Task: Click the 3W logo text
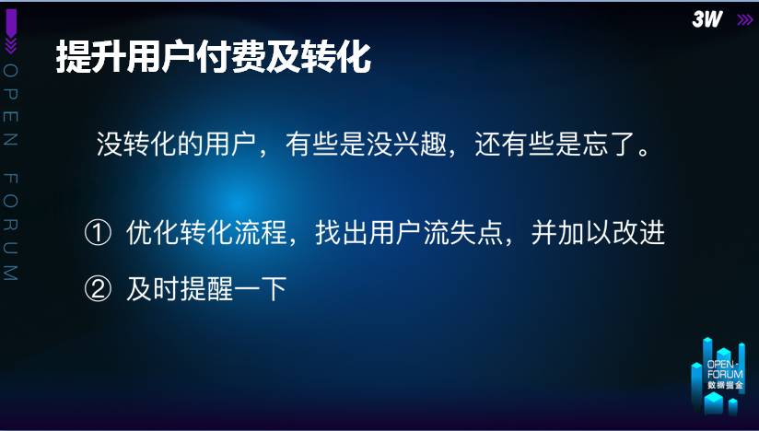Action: [706, 19]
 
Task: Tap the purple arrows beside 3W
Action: [745, 20]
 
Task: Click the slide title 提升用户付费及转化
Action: [214, 56]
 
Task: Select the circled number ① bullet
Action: [98, 233]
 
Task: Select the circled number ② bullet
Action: [98, 289]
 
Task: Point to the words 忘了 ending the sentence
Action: [609, 144]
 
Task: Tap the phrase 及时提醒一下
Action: [206, 289]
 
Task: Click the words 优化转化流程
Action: [206, 233]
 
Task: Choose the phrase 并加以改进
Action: [598, 233]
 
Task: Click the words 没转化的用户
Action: [176, 144]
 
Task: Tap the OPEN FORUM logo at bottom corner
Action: [718, 376]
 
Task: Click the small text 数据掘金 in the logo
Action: [725, 386]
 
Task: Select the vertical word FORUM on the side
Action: [10, 227]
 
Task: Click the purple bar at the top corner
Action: [11, 23]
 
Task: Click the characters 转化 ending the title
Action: [336, 56]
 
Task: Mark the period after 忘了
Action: [644, 151]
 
